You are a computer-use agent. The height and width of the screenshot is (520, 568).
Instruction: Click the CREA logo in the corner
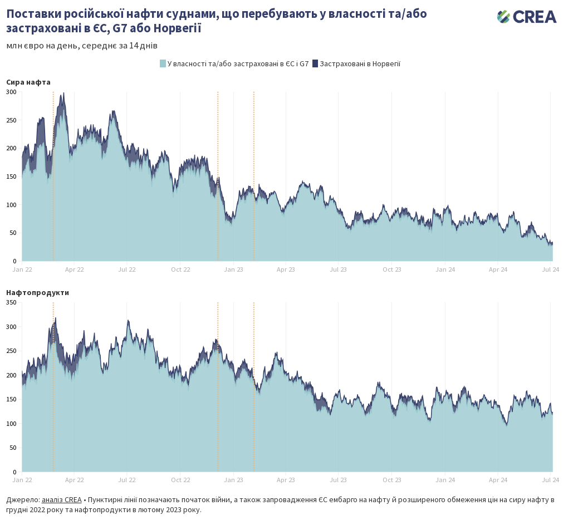pyautogui.click(x=526, y=17)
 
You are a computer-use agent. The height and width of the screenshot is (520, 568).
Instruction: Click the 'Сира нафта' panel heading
pyautogui.click(x=28, y=82)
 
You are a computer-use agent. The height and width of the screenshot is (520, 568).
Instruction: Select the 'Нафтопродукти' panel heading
pyautogui.click(x=38, y=292)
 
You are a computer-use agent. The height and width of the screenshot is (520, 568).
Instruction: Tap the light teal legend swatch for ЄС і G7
pyautogui.click(x=163, y=63)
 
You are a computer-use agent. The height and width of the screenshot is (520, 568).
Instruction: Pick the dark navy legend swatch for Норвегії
pyautogui.click(x=315, y=63)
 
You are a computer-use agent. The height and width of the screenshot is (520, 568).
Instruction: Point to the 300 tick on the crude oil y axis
pyautogui.click(x=11, y=92)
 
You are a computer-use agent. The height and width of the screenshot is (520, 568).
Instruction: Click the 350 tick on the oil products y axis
pyautogui.click(x=11, y=302)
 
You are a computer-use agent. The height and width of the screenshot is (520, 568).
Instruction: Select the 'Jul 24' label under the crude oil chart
pyautogui.click(x=551, y=269)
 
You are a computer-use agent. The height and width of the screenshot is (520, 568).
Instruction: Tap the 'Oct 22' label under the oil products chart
pyautogui.click(x=180, y=480)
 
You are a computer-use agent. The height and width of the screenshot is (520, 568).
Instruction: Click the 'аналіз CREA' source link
pyautogui.click(x=61, y=499)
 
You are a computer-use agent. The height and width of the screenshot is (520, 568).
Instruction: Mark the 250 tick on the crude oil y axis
pyautogui.click(x=11, y=120)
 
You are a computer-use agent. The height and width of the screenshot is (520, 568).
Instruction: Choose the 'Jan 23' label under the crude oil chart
pyautogui.click(x=233, y=269)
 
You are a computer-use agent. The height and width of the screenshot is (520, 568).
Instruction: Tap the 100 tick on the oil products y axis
pyautogui.click(x=11, y=424)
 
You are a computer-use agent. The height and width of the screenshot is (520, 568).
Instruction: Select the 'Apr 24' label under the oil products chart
pyautogui.click(x=498, y=480)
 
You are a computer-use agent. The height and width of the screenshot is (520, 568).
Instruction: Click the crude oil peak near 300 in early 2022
pyautogui.click(x=63, y=94)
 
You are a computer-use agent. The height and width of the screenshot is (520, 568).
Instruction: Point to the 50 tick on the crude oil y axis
pyautogui.click(x=13, y=233)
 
